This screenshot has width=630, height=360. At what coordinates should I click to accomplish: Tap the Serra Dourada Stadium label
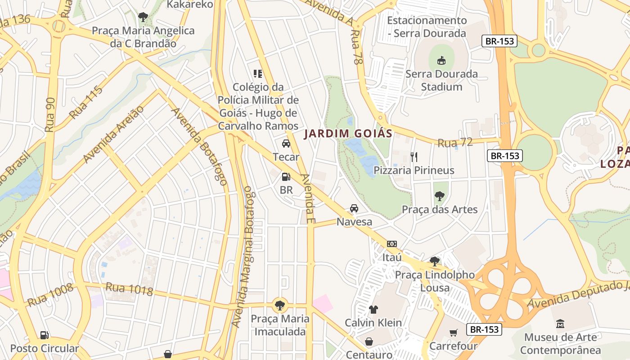point(441,80)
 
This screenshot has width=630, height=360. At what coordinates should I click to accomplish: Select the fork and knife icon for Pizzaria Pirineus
point(414,157)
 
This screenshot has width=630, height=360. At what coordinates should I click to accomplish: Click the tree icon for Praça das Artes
point(439,196)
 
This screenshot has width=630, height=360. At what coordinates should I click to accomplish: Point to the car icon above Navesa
point(354,208)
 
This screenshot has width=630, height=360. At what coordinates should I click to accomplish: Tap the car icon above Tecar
point(286,144)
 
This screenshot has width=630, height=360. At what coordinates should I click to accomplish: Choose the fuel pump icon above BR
point(286,177)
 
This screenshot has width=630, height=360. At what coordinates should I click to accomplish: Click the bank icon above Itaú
point(391,244)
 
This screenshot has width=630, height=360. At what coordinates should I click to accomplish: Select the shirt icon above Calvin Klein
point(373,310)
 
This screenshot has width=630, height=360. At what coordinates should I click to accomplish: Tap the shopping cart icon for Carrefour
point(453,333)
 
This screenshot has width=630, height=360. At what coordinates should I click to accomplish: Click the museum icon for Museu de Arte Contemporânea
point(560,324)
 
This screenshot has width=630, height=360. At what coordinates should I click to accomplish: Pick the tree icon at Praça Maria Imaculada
point(280,305)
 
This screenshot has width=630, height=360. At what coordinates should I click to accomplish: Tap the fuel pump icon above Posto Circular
point(44,335)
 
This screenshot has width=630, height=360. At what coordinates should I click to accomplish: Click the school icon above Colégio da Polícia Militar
point(258,73)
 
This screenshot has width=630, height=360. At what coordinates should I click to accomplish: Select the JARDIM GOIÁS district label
point(348,134)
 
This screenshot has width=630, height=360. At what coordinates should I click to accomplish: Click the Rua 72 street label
point(455,143)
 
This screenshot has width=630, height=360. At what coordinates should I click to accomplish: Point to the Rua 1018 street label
point(129,289)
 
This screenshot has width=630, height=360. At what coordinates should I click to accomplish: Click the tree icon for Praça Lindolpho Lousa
point(434,261)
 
